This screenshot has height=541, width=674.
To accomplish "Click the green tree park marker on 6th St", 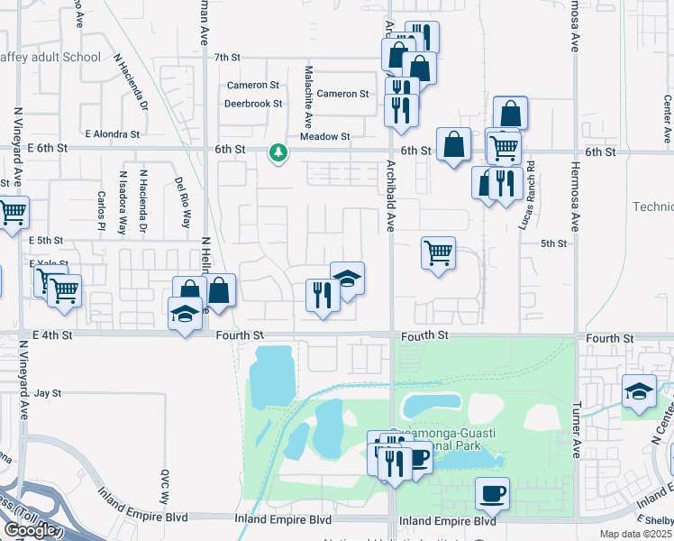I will pyautogui.click(x=278, y=153).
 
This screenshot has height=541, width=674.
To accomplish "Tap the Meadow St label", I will pyautogui.click(x=325, y=136).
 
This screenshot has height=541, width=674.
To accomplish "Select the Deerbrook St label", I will pyautogui.click(x=253, y=103).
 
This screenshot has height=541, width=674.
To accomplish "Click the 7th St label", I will pyautogui.click(x=229, y=57).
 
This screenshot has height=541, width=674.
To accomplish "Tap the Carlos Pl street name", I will pyautogui.click(x=101, y=210).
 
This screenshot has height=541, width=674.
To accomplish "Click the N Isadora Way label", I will pyautogui.click(x=123, y=203).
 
